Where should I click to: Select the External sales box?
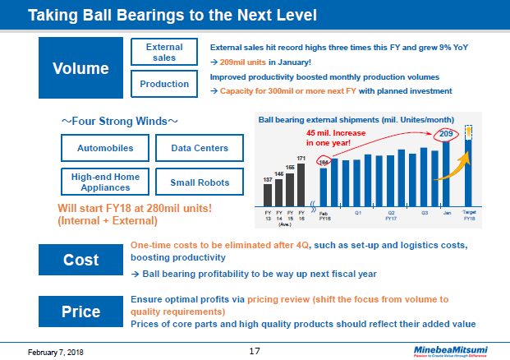pyautogui.click(x=164, y=53)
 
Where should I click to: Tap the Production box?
pyautogui.click(x=164, y=84)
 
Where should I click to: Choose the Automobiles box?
pyautogui.click(x=104, y=149)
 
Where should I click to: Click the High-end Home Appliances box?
pyautogui.click(x=104, y=182)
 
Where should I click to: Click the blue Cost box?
pyautogui.click(x=80, y=260)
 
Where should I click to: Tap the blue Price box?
pyautogui.click(x=80, y=311)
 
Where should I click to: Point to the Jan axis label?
pyautogui.click(x=447, y=211)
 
